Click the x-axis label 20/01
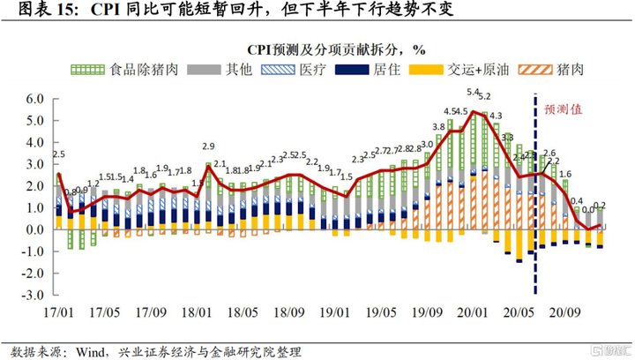click(x=474, y=312)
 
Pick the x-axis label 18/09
click(x=288, y=312)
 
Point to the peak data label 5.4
click(x=472, y=93)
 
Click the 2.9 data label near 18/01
click(x=209, y=146)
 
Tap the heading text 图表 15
click(x=43, y=11)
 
